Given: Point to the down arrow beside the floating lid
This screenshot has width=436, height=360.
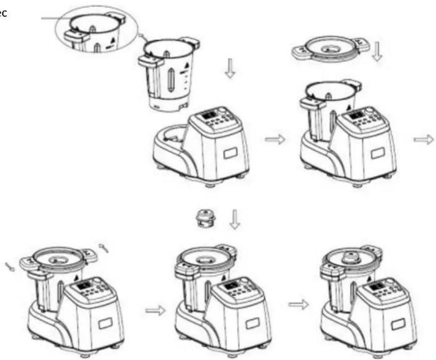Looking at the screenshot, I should click(378, 51).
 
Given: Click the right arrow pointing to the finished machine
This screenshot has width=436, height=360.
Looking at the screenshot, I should click(297, 304).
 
